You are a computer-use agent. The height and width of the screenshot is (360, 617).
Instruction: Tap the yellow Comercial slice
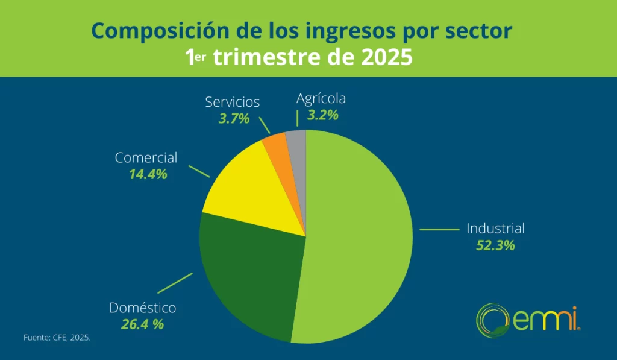pyautogui.click(x=253, y=187)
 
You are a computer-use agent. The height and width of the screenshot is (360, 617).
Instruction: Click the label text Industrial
pyautogui.click(x=495, y=229)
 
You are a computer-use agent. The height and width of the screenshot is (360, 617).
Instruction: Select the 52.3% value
pyautogui.click(x=495, y=245)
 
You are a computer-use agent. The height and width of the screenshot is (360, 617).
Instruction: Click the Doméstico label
pyautogui.click(x=143, y=308)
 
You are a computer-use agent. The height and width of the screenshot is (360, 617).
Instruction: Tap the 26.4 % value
pyautogui.click(x=143, y=324)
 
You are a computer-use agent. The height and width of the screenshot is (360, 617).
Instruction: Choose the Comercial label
pyautogui.click(x=146, y=158)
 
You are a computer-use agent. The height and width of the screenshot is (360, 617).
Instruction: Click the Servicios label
pyautogui.click(x=232, y=102)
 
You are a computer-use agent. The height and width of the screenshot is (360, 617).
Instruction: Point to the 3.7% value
pyautogui.click(x=234, y=118)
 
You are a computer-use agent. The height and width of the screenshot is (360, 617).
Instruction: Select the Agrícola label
pyautogui.click(x=321, y=98)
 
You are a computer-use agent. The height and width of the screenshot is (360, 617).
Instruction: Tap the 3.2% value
pyautogui.click(x=323, y=115)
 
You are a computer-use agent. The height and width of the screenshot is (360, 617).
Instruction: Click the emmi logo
pyautogui.click(x=528, y=317)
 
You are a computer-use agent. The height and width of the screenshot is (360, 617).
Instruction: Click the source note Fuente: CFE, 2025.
pyautogui.click(x=57, y=338)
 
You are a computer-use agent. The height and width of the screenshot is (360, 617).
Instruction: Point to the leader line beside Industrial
pyautogui.click(x=439, y=229)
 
